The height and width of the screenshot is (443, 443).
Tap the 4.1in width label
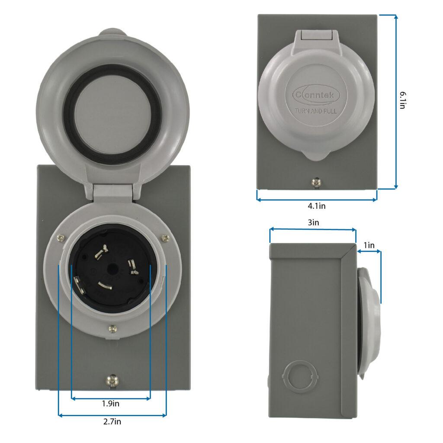tap(317, 206)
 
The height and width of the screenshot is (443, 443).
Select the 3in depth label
tap(313, 223)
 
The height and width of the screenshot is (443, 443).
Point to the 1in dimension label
tap(369, 245)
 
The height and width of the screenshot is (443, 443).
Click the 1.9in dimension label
tap(111, 404)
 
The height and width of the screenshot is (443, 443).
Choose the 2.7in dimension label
tap(112, 422)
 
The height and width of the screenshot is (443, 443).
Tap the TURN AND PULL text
tap(316, 111)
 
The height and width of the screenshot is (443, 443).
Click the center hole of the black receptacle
tap(112, 269)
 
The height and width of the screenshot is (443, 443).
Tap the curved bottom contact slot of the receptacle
tap(105, 286)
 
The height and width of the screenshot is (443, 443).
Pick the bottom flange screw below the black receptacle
tap(112, 328)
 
